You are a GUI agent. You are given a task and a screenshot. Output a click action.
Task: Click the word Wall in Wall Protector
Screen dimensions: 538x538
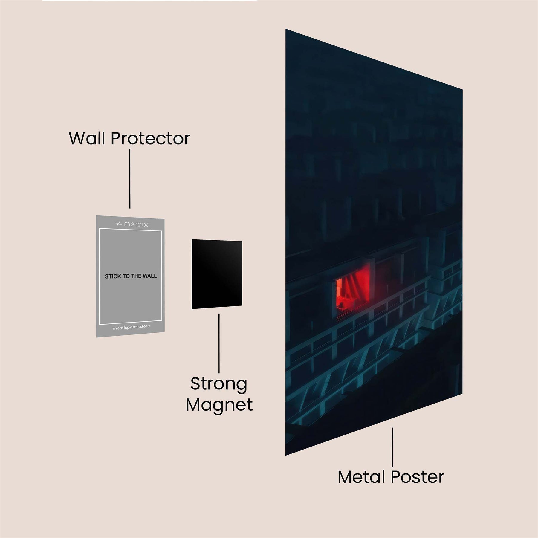point(87,138)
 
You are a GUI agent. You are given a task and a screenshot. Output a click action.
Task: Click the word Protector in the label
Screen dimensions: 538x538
point(150,138)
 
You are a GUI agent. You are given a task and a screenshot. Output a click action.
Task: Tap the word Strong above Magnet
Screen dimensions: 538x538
point(219,384)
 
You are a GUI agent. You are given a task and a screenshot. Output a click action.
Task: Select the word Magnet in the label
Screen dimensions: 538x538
point(219,405)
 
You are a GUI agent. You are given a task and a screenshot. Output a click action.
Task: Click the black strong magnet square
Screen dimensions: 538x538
point(217,274)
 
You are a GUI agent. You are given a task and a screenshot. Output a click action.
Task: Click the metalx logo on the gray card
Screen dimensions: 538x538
point(132,224)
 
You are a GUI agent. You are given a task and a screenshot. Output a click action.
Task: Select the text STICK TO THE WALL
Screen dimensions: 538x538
point(131,276)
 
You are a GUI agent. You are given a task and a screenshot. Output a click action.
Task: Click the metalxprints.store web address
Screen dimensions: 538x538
point(131,327)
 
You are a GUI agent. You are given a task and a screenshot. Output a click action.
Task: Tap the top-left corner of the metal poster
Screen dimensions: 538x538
point(286,30)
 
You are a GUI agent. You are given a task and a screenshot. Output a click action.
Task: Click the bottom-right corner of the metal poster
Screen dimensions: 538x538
point(462,394)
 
